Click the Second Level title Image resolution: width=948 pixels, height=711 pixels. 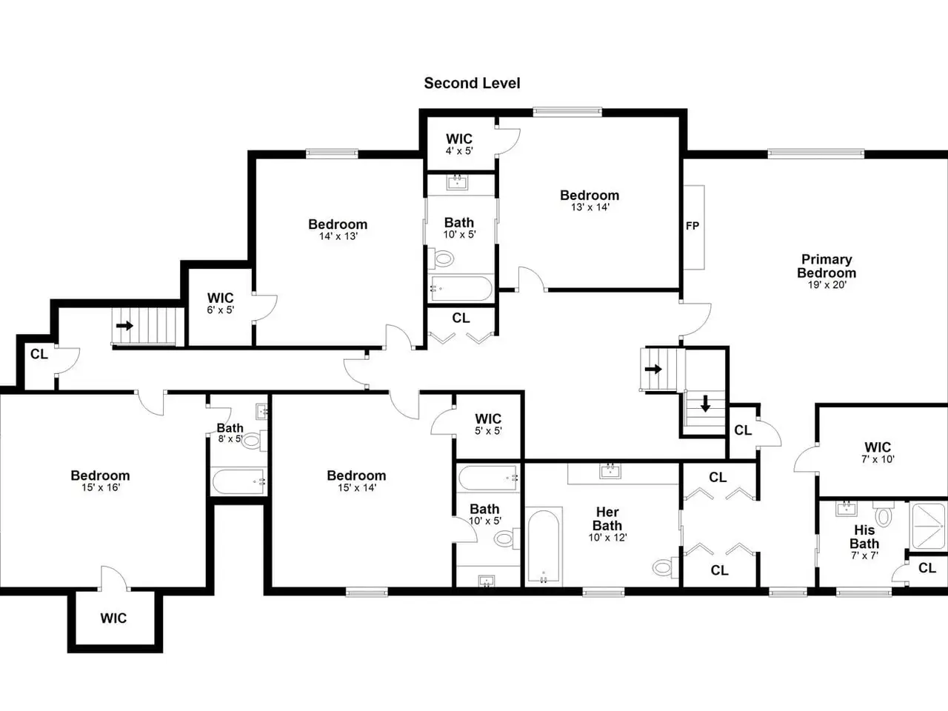pyautogui.click(x=472, y=83)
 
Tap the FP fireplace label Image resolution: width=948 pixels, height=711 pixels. pyautogui.click(x=692, y=226)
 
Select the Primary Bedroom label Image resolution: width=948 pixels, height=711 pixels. pyautogui.click(x=827, y=266)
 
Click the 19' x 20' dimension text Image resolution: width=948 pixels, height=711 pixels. pyautogui.click(x=827, y=284)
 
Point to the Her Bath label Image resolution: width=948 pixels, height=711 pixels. pyautogui.click(x=607, y=519)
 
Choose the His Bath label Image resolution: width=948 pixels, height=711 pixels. pyautogui.click(x=864, y=537)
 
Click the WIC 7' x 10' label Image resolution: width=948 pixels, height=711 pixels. pyautogui.click(x=878, y=453)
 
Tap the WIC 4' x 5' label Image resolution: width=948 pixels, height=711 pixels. pyautogui.click(x=459, y=144)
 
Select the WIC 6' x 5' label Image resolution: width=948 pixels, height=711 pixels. pyautogui.click(x=220, y=303)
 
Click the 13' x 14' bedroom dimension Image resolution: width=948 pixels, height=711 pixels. pyautogui.click(x=590, y=207)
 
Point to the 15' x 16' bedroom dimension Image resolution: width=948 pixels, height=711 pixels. pyautogui.click(x=101, y=487)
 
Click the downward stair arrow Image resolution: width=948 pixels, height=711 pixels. pyautogui.click(x=705, y=403)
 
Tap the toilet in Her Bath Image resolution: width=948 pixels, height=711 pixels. pyautogui.click(x=665, y=567)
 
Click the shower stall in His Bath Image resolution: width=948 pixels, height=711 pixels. pyautogui.click(x=928, y=525)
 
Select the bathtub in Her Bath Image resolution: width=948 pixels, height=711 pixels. pyautogui.click(x=544, y=547)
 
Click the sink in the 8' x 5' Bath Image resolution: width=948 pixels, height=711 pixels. pyautogui.click(x=261, y=411)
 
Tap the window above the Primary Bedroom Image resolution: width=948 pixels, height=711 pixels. pyautogui.click(x=816, y=154)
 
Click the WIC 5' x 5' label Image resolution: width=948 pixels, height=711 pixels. pyautogui.click(x=488, y=424)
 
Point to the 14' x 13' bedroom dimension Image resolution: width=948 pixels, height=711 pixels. pyautogui.click(x=338, y=236)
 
